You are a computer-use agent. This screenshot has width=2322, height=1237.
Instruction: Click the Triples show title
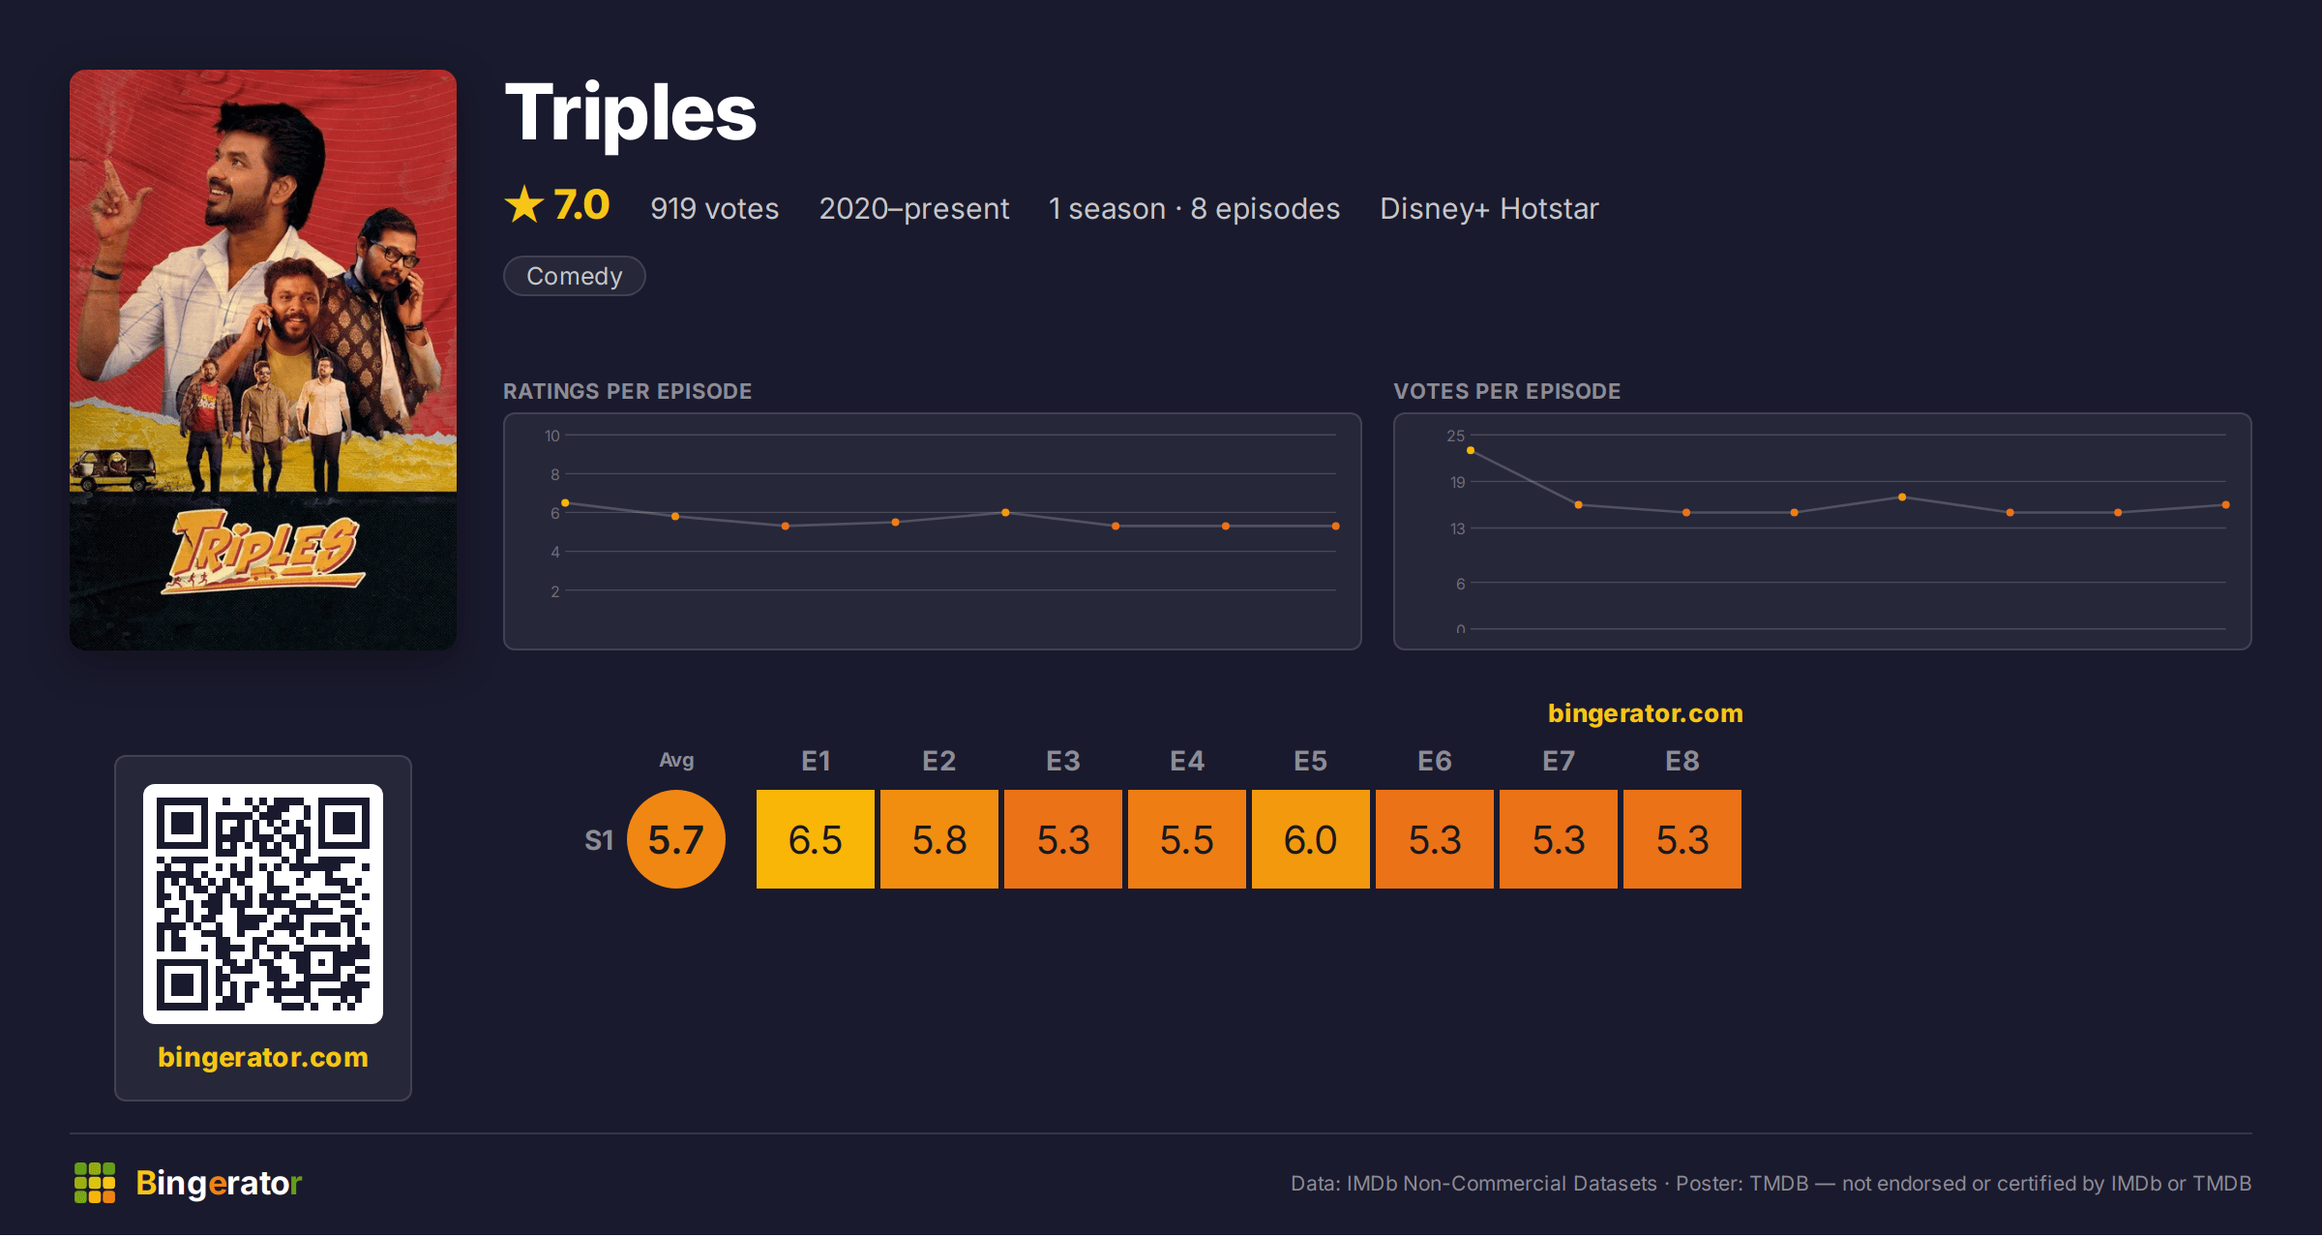tap(630, 114)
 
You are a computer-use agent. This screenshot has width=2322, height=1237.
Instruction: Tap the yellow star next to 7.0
tap(524, 204)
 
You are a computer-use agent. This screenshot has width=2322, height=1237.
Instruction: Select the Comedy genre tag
tap(574, 276)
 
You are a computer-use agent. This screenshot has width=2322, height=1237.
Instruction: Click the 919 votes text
tap(714, 208)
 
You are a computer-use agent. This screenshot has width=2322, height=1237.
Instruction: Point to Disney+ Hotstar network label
tap(1489, 208)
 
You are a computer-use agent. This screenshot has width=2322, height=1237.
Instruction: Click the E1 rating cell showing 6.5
tap(815, 839)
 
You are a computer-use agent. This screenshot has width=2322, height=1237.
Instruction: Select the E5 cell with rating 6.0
tap(1310, 839)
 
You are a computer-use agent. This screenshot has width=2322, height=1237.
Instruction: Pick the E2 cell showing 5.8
tap(938, 839)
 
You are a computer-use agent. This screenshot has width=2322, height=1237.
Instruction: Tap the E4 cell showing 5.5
tap(1186, 839)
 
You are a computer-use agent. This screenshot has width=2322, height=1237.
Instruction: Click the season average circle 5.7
tap(675, 839)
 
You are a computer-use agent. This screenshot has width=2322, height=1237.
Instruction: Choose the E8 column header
tap(1682, 761)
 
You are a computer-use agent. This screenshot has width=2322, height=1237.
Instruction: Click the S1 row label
tap(599, 840)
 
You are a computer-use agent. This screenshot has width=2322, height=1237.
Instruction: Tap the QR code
tap(263, 904)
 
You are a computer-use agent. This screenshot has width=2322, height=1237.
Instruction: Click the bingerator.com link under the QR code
tap(263, 1057)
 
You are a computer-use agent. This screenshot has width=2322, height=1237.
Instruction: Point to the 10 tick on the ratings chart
tap(551, 436)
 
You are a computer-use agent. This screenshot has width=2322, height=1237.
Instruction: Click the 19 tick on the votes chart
tap(1457, 482)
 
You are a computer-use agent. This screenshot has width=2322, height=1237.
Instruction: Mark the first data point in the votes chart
tap(1471, 450)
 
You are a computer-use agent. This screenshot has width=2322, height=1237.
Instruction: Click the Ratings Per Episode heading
tap(627, 391)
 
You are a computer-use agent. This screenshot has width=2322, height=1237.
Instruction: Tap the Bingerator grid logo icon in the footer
tap(95, 1183)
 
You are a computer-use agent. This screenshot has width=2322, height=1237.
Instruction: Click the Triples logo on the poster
tap(263, 553)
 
